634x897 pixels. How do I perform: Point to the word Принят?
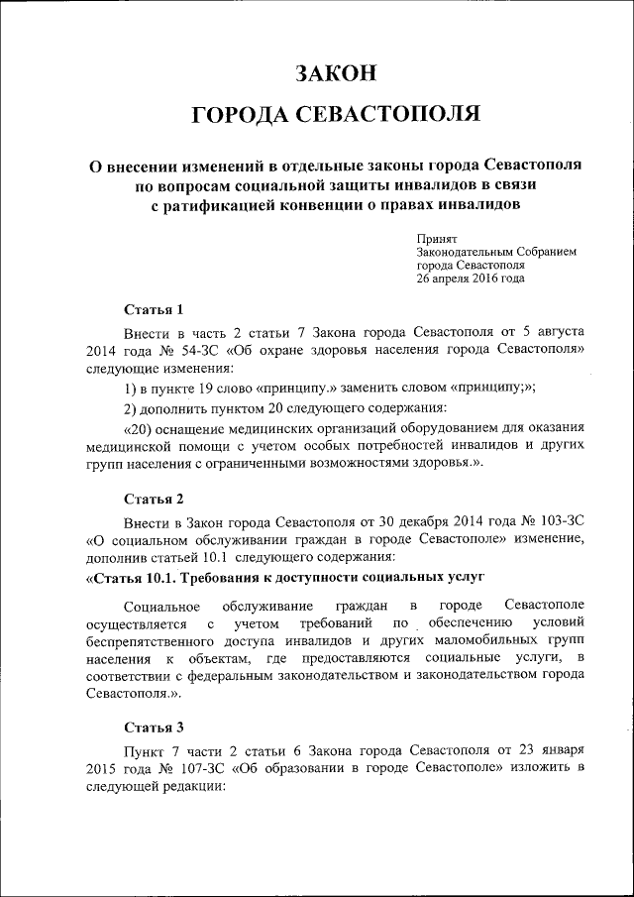(x=436, y=239)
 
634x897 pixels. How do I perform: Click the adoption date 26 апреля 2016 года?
(x=471, y=279)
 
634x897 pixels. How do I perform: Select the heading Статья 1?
(x=154, y=310)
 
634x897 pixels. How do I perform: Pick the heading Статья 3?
(x=154, y=729)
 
